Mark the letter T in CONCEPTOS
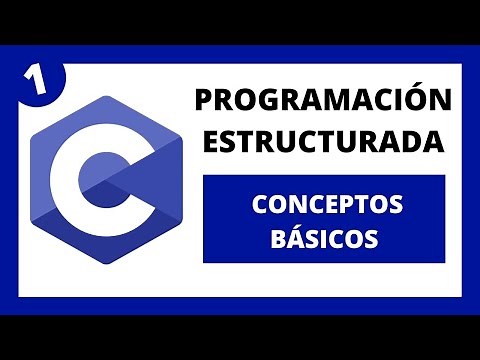point(364,205)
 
